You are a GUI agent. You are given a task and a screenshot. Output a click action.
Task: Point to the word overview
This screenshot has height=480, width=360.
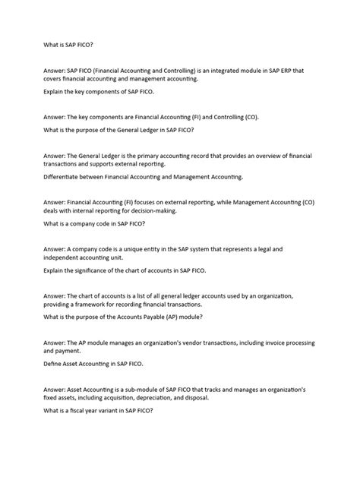(x=271, y=154)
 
